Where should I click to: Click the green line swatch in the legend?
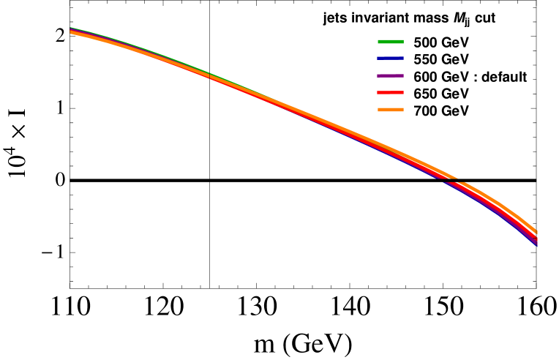tap(391, 42)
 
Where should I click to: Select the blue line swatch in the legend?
tap(391, 59)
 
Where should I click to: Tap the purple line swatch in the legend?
tap(391, 76)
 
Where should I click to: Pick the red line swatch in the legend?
tap(391, 94)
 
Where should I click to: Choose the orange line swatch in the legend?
tap(391, 110)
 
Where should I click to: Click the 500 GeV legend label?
tap(441, 42)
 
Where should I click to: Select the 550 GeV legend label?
tap(441, 59)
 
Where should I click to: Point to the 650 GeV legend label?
tap(441, 94)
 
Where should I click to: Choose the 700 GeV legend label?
tap(441, 110)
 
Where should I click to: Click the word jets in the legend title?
tap(335, 20)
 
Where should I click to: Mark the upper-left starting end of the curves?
tap(71, 31)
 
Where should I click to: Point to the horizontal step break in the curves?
tap(448, 179)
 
